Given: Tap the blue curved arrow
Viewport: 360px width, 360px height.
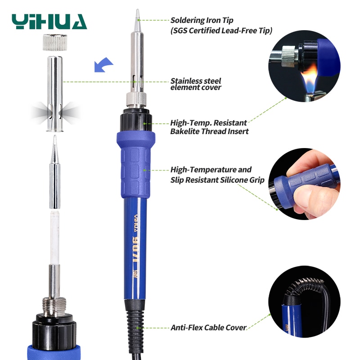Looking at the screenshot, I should tap(102, 66).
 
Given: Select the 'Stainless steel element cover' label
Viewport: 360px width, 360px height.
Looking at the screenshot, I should tap(196, 84).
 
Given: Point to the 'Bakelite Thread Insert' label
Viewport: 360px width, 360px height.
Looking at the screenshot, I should tap(209, 131).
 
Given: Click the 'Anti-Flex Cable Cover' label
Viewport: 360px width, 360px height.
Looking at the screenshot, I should tap(208, 328).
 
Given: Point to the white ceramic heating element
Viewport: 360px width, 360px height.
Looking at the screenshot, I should tap(54, 237).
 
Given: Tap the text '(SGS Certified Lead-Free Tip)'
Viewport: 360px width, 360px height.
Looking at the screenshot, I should tap(221, 31).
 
